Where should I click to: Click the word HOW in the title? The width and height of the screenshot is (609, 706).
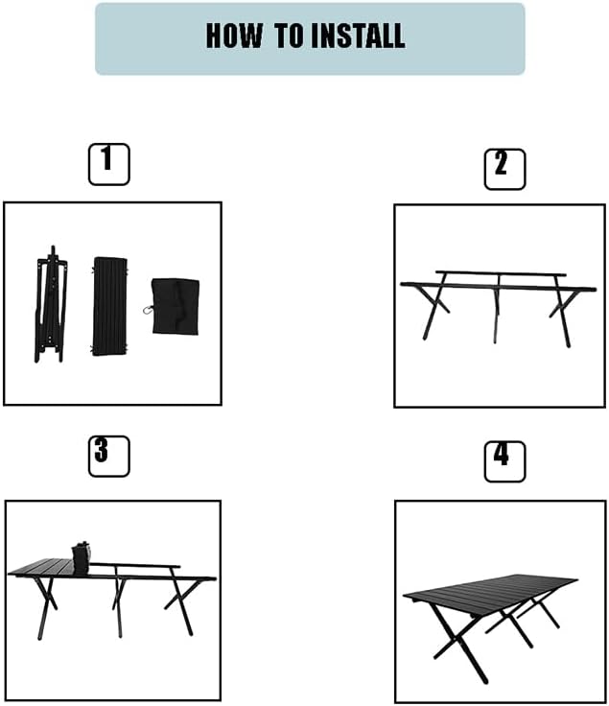236,36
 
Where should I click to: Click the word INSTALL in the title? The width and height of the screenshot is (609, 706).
356,36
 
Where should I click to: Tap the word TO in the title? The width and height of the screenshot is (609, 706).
289,36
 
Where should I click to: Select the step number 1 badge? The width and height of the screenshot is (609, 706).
108,164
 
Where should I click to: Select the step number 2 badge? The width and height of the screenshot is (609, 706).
504,169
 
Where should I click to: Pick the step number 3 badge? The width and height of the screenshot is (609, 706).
108,456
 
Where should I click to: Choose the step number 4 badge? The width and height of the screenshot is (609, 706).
504,460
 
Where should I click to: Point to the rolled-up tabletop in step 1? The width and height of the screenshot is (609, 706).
107,305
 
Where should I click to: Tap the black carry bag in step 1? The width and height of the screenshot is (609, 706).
176,306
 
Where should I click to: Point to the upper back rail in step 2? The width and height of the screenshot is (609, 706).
499,273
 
